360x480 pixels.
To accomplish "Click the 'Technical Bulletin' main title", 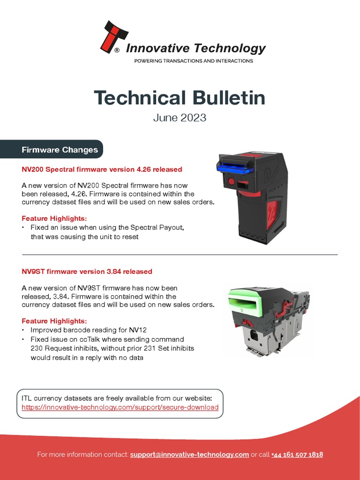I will pos(180,97).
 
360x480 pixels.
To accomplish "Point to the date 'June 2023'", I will pos(180,118).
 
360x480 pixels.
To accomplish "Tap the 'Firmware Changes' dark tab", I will pos(60,150).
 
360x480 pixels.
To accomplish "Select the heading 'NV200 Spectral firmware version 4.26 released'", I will pos(102,169).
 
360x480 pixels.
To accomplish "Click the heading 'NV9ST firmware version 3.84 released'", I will pos(87,271).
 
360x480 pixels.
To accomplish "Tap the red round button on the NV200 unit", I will pos(231,181).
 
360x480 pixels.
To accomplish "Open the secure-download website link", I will pos(120,407).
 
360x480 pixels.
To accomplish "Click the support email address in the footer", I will pos(189,455).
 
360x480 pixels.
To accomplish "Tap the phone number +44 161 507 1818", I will pos(297,455).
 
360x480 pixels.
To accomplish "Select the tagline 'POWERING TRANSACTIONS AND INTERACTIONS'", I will pos(194,61).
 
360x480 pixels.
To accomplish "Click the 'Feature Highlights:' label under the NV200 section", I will pos(54,218).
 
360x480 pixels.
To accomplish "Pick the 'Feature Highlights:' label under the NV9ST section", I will pos(54,321).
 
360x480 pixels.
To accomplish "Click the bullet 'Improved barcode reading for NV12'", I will pos(86,330).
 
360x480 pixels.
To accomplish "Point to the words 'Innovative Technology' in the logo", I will pos(196,48).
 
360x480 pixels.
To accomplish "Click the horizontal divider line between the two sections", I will pos(180,255).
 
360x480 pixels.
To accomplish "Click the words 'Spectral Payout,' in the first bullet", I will pos(159,227).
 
